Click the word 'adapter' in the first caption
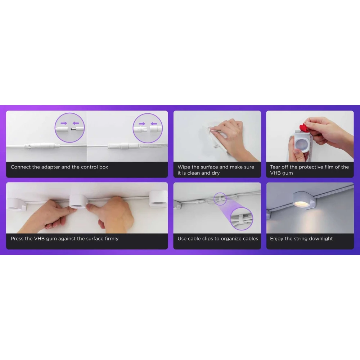coord(50,167)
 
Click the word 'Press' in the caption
coord(17,239)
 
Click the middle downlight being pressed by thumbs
coord(78,201)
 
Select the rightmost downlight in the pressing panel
coord(158,199)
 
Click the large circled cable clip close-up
coord(241,219)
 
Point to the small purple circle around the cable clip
coord(220,199)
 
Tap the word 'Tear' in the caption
coord(275,167)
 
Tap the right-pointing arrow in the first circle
coord(64,123)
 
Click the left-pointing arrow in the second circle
coord(154,124)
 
